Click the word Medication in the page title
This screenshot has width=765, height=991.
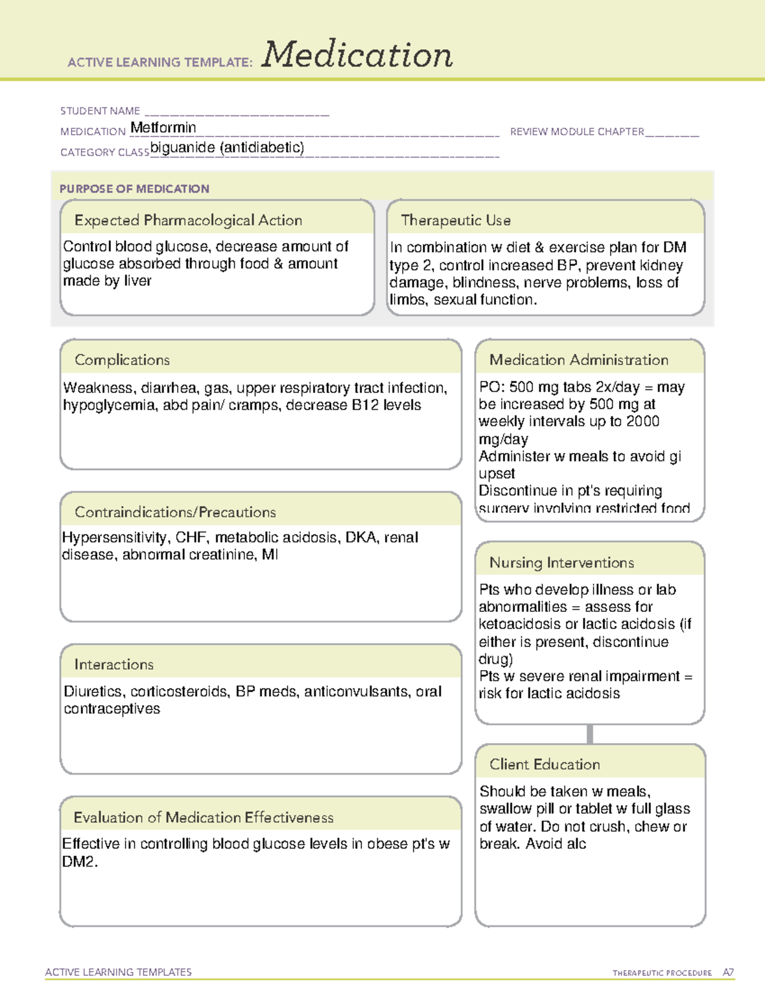357,55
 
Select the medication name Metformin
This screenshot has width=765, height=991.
163,128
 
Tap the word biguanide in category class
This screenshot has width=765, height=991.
182,148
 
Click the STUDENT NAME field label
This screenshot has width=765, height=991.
100,111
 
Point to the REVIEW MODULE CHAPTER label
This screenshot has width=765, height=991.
577,131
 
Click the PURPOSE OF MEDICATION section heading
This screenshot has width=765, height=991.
134,189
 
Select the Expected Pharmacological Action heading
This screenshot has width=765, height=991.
188,220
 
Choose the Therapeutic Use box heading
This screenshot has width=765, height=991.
455,220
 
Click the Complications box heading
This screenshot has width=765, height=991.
122,360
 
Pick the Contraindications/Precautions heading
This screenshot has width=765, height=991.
175,512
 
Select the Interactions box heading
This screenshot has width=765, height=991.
113,664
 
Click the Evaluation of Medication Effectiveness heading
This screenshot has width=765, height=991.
203,817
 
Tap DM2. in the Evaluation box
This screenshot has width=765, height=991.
80,861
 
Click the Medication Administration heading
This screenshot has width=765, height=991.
578,360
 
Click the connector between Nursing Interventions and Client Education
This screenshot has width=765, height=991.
590,734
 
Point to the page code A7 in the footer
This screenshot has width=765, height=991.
728,972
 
